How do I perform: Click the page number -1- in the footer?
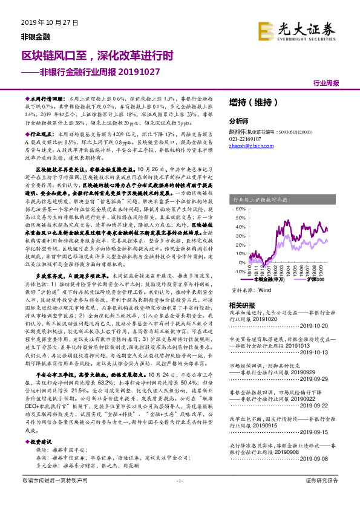point(180,497)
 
